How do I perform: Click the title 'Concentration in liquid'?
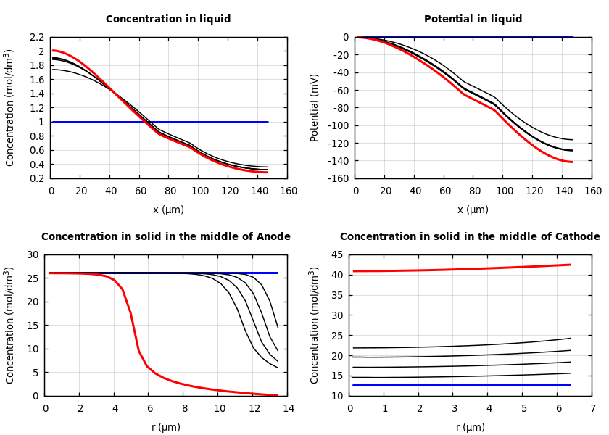pos(168,20)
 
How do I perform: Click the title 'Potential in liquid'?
pos(473,20)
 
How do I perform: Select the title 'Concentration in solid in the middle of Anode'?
pos(166,237)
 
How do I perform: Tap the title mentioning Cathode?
pos(470,237)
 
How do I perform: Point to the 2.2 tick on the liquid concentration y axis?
pos(36,37)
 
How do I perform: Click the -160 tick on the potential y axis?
pos(337,178)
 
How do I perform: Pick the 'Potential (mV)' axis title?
pos(315,107)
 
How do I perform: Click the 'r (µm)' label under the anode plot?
pos(166,427)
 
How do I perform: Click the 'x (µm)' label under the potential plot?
pos(473,210)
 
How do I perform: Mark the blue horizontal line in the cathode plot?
pos(464,385)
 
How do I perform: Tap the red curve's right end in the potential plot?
pos(571,162)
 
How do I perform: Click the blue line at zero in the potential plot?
pos(464,37)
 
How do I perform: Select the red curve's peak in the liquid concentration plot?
pos(54,50)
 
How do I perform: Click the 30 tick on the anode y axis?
pos(32,254)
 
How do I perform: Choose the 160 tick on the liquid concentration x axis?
pos(288,191)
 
